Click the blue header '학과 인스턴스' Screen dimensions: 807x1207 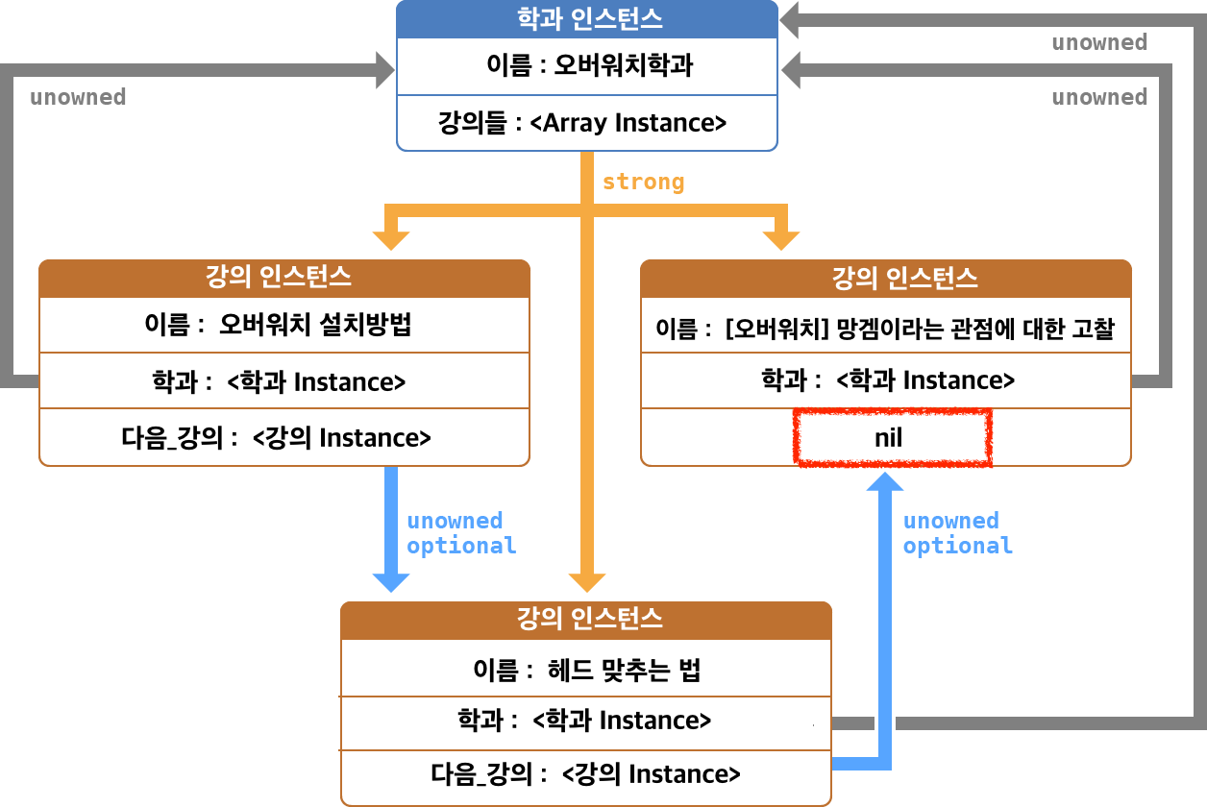point(587,18)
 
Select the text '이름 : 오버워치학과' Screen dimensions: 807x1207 point(587,66)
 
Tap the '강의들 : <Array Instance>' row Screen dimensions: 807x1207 point(587,123)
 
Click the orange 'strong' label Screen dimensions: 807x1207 point(643,182)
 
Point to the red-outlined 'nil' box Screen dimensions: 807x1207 point(893,439)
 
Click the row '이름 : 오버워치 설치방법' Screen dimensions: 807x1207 point(284,325)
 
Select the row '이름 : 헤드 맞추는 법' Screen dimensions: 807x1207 point(586,670)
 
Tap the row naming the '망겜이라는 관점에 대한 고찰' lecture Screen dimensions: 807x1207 point(885,329)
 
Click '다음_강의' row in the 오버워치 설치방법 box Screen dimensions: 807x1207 point(284,438)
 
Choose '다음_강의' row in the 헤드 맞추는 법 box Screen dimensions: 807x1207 point(586,774)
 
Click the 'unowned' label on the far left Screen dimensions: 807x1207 point(78,97)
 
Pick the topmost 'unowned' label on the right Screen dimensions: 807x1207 point(1099,42)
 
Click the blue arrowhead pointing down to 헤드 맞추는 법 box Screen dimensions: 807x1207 point(391,580)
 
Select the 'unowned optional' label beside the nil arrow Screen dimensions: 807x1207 point(957,533)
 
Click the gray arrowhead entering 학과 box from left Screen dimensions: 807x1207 point(385,68)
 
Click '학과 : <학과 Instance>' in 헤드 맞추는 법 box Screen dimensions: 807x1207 point(586,721)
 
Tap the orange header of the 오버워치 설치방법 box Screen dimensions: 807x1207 point(284,279)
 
